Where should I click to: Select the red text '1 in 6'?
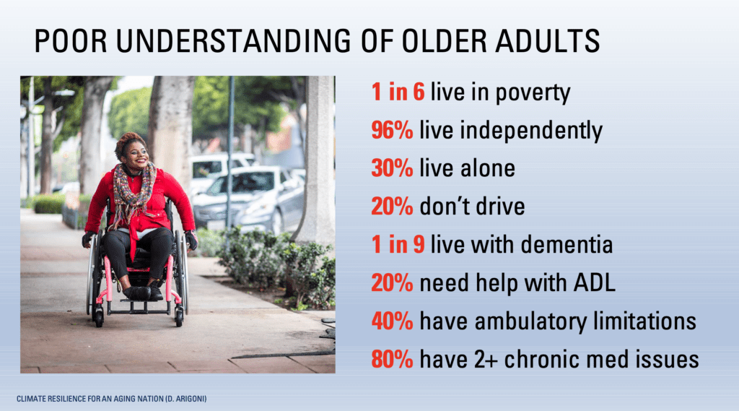point(398,92)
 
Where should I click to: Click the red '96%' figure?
point(392,131)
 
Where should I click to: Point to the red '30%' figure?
point(392,168)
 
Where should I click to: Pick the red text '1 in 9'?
point(398,244)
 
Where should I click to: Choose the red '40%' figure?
point(392,320)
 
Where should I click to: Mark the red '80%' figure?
point(392,358)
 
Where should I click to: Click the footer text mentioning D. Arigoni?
point(108,398)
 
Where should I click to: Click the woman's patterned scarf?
point(134,189)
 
